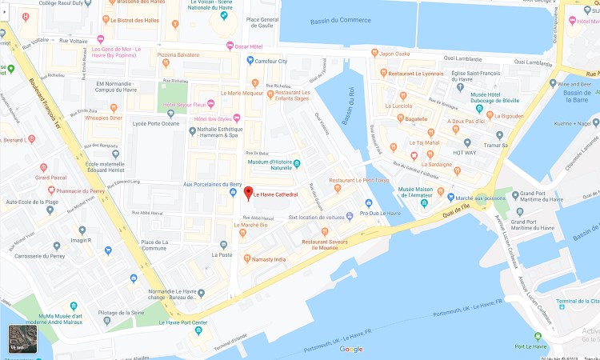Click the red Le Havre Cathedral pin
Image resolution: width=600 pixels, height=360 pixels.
246,193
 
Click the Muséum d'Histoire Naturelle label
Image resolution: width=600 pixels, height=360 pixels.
268,164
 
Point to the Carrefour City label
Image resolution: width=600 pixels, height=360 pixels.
271,60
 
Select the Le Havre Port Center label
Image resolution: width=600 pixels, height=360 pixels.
183,322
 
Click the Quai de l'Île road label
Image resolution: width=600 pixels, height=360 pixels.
461,210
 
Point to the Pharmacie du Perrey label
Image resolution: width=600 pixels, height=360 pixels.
77,190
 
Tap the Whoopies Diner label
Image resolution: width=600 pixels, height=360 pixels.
103,118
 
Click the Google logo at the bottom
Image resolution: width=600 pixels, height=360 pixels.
350,349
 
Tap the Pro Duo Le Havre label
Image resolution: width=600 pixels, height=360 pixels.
380,213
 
